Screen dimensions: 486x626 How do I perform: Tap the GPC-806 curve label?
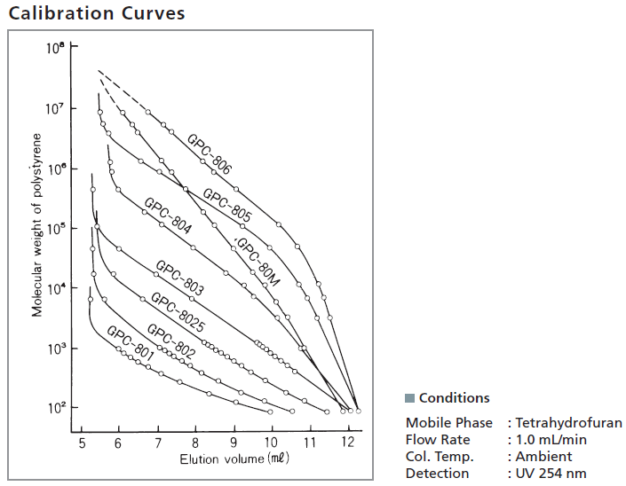210,153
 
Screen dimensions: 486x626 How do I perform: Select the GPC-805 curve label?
227,205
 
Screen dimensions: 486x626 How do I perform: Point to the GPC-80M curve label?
258,263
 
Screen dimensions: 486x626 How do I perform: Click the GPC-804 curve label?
168,216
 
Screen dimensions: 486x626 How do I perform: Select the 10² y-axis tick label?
55,407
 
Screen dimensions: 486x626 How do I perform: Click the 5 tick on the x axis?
82,442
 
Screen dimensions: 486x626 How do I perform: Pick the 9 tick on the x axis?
234,442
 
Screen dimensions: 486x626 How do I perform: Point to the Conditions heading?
454,398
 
